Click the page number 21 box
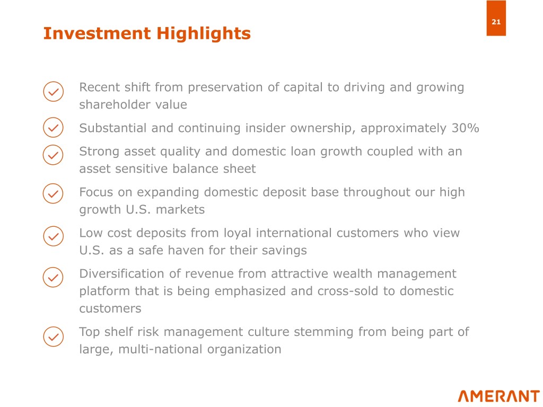coord(496,18)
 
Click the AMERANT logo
coord(498,396)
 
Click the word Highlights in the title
coord(204,34)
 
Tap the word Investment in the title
coord(97,33)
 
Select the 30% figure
coord(466,128)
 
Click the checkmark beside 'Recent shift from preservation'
coord(54,92)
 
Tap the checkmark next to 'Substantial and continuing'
coord(54,127)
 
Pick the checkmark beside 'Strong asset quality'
coord(53,155)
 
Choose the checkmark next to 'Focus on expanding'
coord(53,193)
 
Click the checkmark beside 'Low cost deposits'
coord(54,236)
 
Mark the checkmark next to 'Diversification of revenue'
coord(53,277)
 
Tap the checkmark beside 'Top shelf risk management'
coord(54,337)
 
